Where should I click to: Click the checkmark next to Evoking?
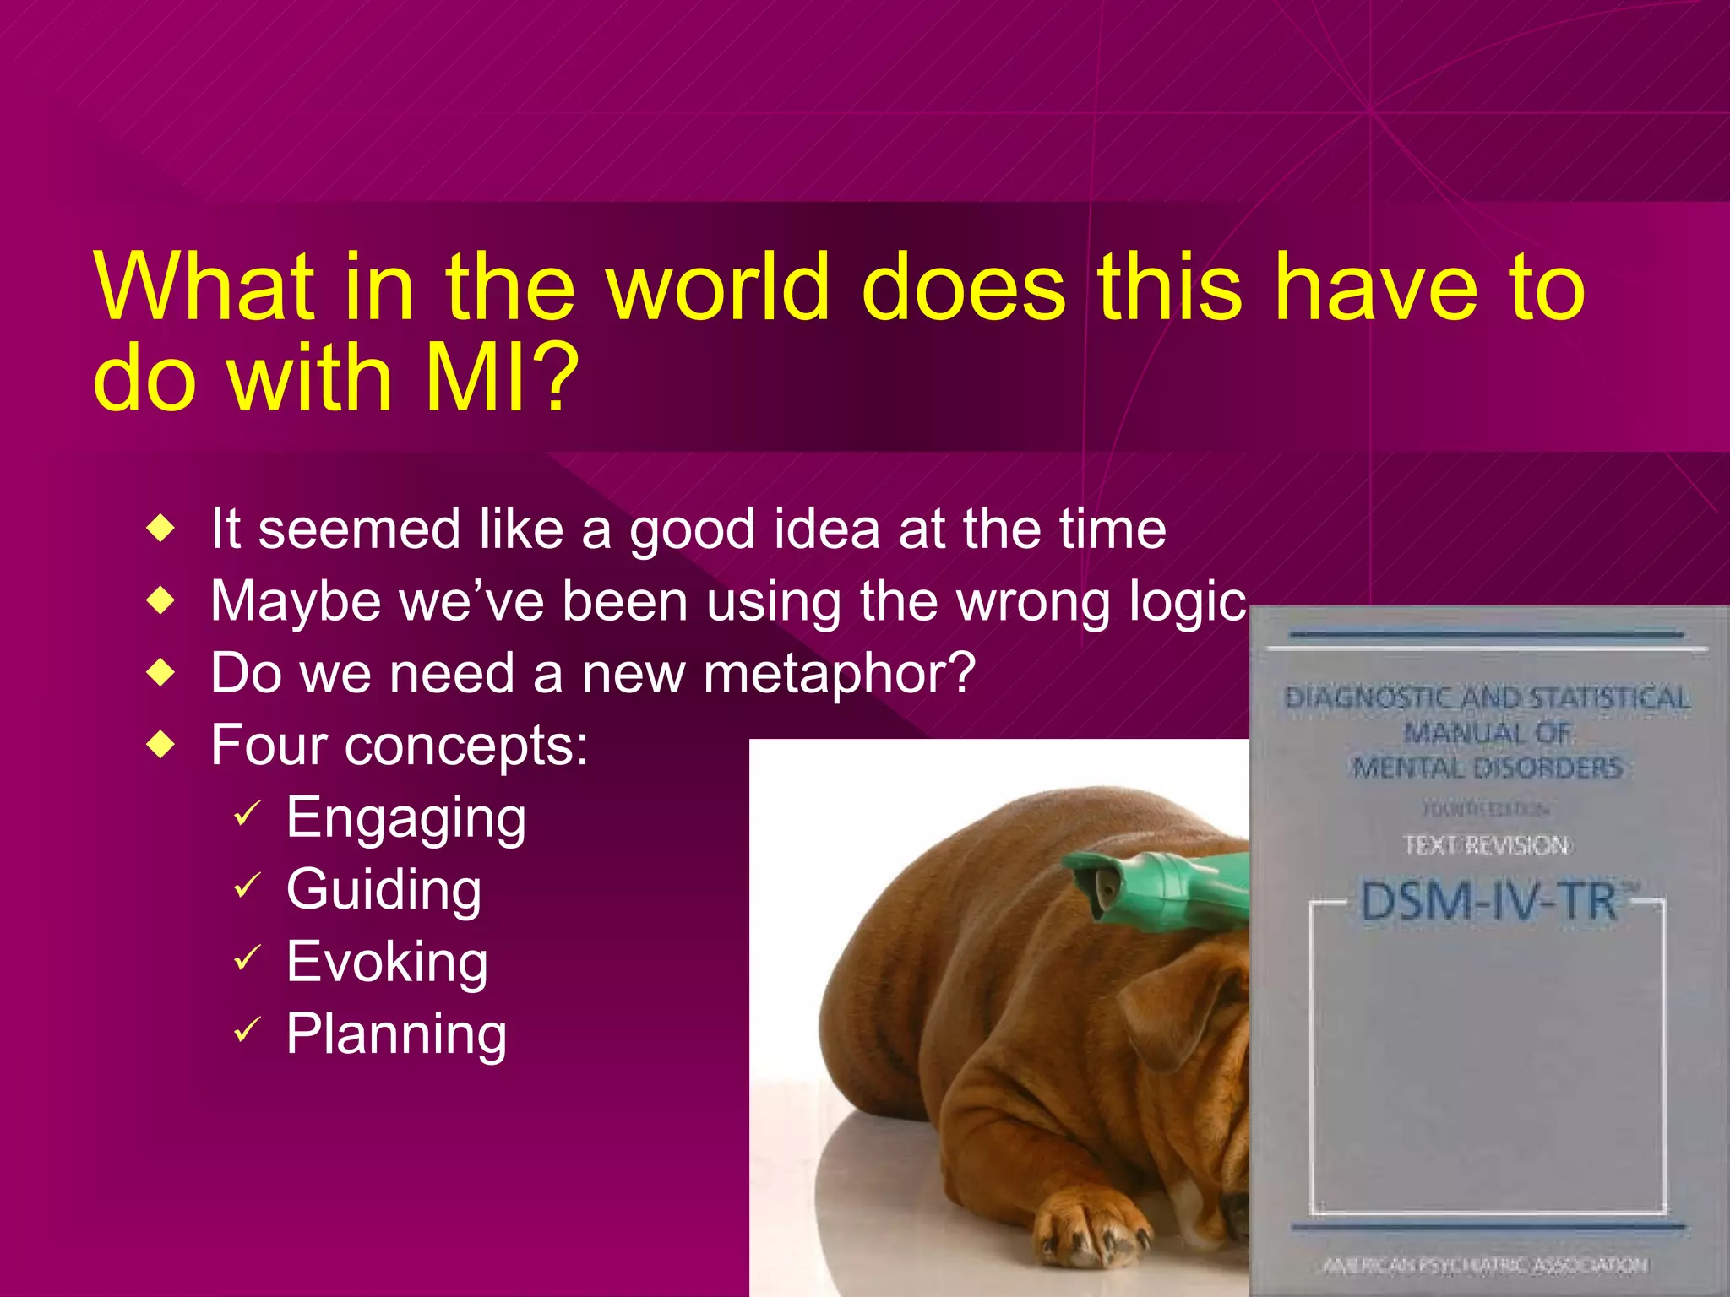click(x=247, y=958)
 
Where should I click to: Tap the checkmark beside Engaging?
click(x=247, y=814)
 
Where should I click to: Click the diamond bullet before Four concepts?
click(x=160, y=746)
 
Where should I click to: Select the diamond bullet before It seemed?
click(x=160, y=529)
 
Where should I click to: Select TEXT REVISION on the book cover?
click(x=1486, y=845)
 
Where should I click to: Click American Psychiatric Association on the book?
click(x=1485, y=1264)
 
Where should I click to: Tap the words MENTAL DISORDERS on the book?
click(x=1487, y=768)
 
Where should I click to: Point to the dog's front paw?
click(x=1090, y=1233)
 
